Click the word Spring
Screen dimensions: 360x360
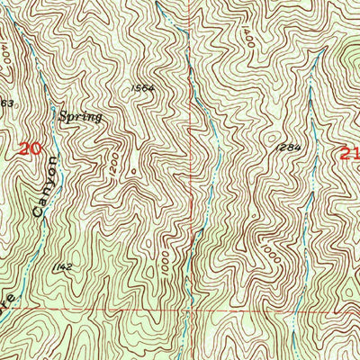pyautogui.click(x=81, y=116)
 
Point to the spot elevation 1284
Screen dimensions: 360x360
pyautogui.click(x=287, y=146)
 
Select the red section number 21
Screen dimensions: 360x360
pyautogui.click(x=350, y=153)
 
